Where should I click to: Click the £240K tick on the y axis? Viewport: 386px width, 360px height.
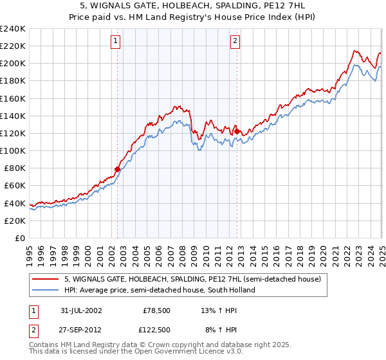(x=13, y=29)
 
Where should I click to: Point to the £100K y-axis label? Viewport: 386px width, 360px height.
(x=13, y=150)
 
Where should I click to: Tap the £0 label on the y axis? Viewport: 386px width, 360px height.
(x=20, y=238)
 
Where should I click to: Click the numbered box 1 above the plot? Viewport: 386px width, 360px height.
(x=115, y=41)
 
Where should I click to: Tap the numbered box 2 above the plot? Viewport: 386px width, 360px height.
(x=235, y=41)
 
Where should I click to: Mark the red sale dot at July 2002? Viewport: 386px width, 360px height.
(x=118, y=169)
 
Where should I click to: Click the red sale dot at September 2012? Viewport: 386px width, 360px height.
(x=237, y=131)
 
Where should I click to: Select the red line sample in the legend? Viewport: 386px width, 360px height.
(x=44, y=279)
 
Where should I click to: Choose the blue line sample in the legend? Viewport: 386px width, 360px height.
(x=44, y=290)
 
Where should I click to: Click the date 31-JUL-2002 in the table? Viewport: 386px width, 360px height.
(x=81, y=310)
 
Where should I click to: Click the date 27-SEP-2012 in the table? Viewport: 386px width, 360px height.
(x=81, y=330)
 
